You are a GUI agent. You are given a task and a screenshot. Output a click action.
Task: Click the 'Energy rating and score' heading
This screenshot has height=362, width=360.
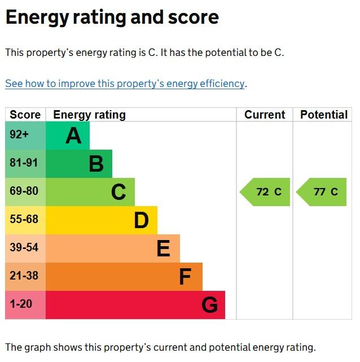point(112,17)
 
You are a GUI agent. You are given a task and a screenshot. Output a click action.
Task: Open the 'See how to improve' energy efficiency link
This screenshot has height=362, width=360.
point(125,84)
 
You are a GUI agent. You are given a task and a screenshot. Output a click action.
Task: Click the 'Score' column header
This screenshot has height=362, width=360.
point(25,115)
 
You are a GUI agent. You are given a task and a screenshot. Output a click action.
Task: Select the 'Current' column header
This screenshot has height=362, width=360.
point(264,115)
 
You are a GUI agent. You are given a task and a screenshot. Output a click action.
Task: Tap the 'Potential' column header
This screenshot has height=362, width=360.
point(323,115)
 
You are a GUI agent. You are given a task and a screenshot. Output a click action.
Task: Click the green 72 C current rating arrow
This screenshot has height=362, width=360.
point(266,192)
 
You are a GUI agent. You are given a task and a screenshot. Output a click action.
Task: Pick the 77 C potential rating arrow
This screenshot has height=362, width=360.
point(322,192)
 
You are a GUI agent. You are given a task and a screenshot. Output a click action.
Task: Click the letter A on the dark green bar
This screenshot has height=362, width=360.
point(73,136)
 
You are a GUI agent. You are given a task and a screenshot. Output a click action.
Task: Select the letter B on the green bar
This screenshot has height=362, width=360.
point(96,164)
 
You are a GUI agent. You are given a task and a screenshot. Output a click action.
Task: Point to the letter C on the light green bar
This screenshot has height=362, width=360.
point(118,192)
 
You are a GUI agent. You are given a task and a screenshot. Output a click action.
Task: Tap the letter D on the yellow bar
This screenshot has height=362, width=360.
point(141,220)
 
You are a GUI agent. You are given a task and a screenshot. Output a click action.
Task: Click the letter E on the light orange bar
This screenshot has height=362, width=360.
point(163,248)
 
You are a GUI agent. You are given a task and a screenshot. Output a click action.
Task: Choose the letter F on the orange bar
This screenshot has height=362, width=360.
point(185,277)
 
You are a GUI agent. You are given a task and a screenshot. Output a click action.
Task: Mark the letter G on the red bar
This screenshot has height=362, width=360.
point(209,305)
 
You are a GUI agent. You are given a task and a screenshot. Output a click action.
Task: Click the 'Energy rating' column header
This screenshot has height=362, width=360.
point(89,115)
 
